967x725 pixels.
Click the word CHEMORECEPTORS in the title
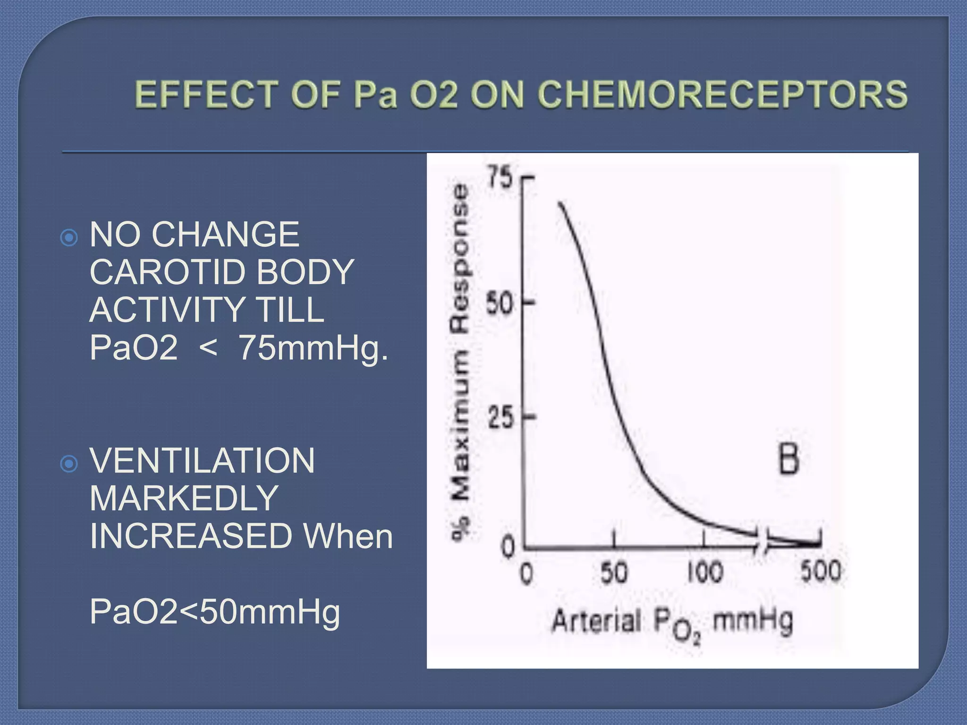[722, 94]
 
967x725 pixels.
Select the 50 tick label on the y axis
[500, 303]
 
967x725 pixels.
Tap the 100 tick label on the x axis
[705, 572]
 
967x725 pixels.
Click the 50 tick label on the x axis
[614, 572]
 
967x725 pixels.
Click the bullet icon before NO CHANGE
[69, 237]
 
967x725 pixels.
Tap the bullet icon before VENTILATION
[69, 464]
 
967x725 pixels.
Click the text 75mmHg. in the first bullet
[313, 348]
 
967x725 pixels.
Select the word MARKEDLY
[184, 498]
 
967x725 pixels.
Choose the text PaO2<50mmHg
[215, 612]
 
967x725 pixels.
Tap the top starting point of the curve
[560, 203]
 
